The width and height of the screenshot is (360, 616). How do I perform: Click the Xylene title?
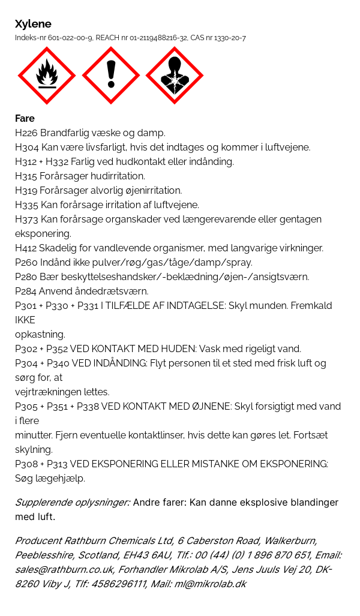33,24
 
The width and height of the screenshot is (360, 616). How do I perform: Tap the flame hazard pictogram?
47,76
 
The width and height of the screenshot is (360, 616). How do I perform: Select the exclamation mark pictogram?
110,76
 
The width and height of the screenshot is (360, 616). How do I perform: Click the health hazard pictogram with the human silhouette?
174,76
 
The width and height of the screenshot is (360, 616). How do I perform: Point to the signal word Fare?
25,118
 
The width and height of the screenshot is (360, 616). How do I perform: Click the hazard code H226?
26,133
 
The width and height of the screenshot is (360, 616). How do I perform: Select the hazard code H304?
26,147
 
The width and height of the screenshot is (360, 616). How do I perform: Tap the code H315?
26,176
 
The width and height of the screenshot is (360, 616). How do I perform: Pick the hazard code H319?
26,190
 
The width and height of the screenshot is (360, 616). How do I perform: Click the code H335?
26,205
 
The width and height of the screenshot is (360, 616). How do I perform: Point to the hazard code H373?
26,219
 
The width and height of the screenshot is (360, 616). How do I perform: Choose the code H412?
26,248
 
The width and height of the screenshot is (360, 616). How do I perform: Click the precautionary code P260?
26,262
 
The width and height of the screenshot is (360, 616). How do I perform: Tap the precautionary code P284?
26,291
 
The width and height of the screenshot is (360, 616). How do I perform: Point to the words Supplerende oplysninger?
73,502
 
